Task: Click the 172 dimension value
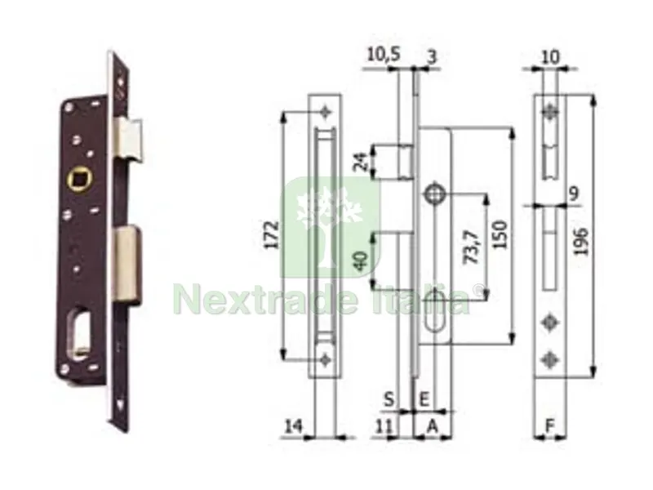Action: [272, 235]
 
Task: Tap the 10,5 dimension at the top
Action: [384, 55]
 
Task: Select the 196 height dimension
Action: [580, 241]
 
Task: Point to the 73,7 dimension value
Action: [473, 247]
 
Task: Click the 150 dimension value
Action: [500, 234]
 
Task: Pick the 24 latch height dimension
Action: [362, 162]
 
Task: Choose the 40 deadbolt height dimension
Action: [361, 261]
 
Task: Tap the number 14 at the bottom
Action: [294, 426]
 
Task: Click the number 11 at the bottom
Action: [384, 426]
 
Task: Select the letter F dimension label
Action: [550, 426]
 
